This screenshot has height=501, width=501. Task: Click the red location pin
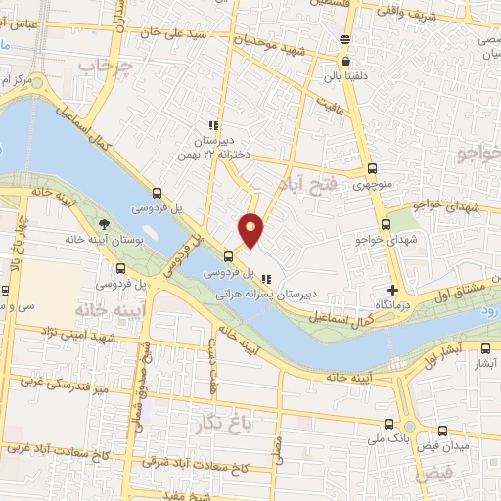click(251, 229)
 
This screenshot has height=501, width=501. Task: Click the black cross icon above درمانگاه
click(392, 290)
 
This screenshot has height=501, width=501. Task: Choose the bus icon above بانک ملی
click(388, 424)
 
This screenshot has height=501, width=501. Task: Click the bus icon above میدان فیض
click(442, 430)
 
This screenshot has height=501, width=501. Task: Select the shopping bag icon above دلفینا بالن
click(345, 60)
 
